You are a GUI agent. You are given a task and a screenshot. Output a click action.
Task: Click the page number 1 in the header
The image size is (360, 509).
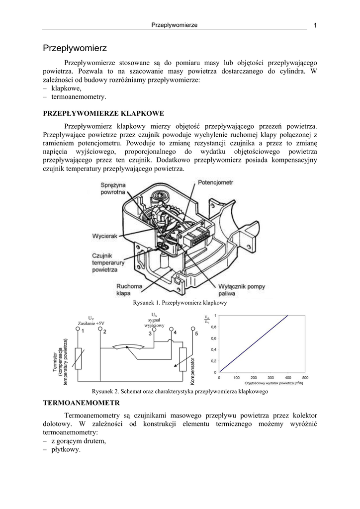315,26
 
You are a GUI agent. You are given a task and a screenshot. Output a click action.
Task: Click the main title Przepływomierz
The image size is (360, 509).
75,48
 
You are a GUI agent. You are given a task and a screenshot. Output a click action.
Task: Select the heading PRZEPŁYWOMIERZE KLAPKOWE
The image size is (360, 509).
103,114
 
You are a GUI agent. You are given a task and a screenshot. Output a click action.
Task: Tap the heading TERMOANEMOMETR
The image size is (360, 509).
82,402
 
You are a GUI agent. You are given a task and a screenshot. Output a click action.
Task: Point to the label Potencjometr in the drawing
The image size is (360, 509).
215,183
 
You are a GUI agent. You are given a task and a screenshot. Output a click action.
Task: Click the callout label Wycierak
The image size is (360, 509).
104,236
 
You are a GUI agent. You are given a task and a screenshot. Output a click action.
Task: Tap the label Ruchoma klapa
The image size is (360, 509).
129,290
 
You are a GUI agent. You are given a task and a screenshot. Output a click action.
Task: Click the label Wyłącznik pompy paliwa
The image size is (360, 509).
243,290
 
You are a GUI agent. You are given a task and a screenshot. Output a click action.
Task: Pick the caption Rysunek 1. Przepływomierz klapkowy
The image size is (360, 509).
180,303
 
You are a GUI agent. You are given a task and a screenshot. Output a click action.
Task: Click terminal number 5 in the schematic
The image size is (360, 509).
196,333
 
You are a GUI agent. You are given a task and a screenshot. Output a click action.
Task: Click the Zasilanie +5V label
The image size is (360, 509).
91,323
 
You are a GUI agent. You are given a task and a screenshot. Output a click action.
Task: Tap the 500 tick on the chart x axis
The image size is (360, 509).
305,378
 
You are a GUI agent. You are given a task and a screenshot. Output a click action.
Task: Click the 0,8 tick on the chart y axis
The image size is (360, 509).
213,327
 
